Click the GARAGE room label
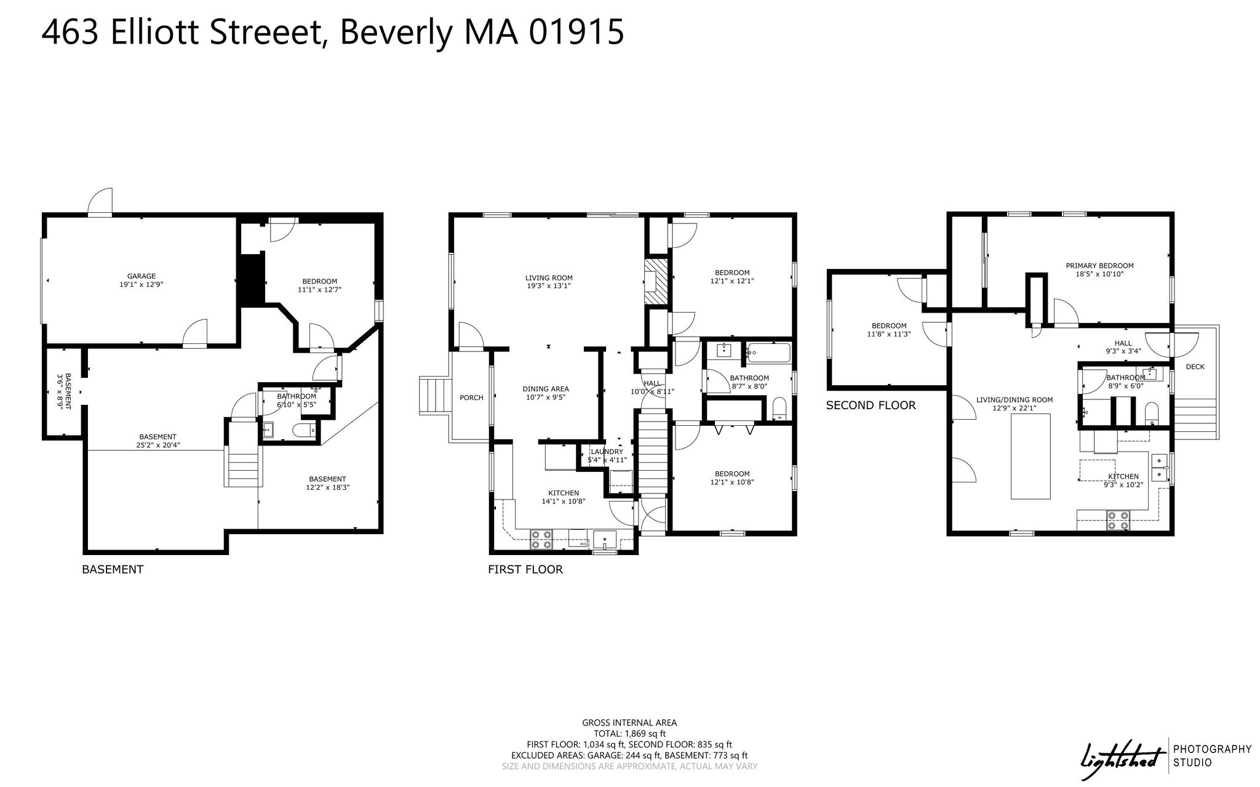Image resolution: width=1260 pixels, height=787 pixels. coord(142,276)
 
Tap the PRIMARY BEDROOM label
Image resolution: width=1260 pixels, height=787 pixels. coord(1099,266)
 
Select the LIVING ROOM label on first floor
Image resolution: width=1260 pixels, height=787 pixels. coord(549,278)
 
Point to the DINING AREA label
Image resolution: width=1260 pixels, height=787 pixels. coord(546,389)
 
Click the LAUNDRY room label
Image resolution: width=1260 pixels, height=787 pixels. coord(607,452)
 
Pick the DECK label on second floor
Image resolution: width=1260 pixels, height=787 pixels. coord(1195,367)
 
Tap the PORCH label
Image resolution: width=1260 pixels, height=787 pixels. coord(472,397)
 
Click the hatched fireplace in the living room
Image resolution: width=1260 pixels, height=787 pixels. coord(656,281)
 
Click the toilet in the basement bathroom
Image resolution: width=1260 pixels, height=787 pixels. coord(304,430)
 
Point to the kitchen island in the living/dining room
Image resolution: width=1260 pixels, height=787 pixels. coord(1031,456)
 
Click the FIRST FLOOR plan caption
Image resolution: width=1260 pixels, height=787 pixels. coord(525,570)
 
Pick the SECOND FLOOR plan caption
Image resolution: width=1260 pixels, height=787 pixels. coord(871,405)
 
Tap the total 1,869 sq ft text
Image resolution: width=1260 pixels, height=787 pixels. coord(629,733)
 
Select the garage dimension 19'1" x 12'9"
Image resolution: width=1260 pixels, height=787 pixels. coord(142,285)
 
